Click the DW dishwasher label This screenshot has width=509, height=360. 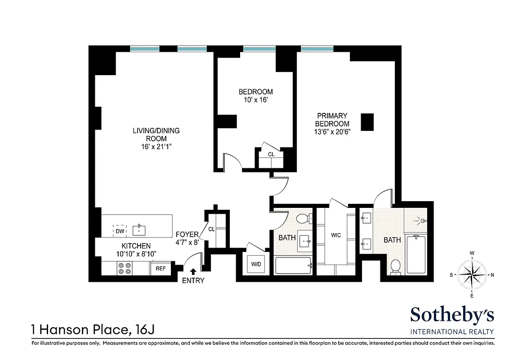coord(119,231)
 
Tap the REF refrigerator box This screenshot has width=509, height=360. coord(161,268)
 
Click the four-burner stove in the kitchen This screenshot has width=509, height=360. coord(124,269)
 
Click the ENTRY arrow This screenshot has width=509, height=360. coord(193,271)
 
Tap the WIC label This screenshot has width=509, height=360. coord(336,235)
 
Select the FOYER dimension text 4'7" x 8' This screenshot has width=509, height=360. coord(187,243)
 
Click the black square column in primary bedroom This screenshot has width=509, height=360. coord(367,122)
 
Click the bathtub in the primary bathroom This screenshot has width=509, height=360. coord(416,255)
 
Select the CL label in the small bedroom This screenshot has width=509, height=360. coord(271,154)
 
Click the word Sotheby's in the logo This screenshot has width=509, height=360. coord(452,315)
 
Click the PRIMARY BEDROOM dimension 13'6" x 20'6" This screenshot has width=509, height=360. coord(332,132)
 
